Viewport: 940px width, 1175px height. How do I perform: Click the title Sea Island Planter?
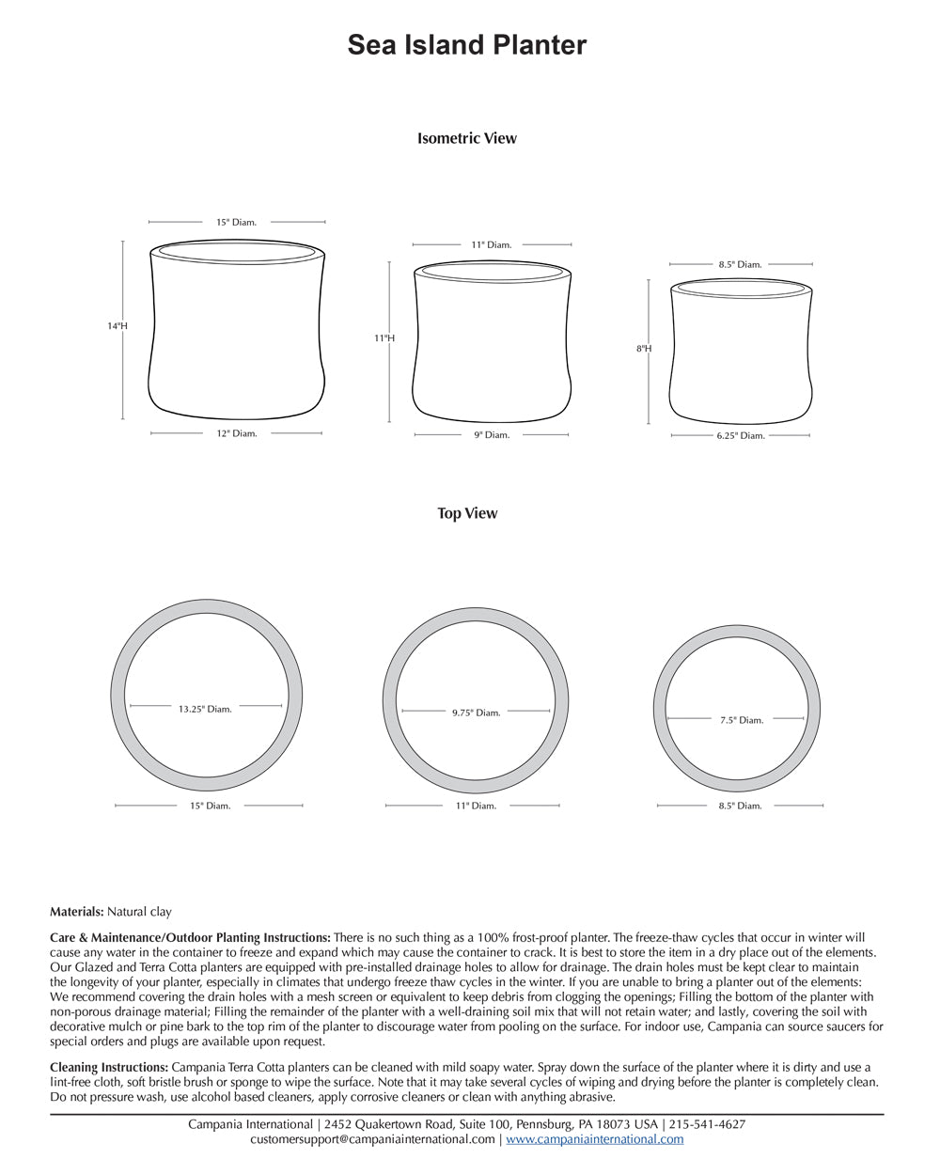pos(467,45)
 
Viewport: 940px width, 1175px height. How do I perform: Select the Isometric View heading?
pos(467,138)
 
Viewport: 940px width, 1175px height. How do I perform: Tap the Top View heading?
pos(467,513)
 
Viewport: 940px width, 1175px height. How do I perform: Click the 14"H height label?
pos(117,326)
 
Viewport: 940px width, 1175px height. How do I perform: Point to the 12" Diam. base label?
pos(236,433)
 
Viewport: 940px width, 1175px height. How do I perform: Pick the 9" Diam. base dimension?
pos(491,435)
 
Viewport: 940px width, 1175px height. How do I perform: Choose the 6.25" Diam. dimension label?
pos(740,436)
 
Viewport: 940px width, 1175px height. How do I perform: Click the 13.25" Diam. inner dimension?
pos(205,709)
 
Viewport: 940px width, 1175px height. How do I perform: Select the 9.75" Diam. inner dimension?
pos(476,713)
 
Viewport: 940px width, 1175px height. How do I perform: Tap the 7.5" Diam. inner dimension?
pos(742,720)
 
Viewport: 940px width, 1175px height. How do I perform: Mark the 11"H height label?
pos(384,337)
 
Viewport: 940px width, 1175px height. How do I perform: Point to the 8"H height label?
pos(644,349)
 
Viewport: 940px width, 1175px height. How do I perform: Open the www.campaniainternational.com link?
pos(595,1139)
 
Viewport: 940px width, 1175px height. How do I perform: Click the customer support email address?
pos(372,1139)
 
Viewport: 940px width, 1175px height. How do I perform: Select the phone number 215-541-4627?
pos(707,1124)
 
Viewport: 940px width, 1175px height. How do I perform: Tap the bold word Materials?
pos(76,912)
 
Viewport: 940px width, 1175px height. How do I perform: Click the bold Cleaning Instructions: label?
pos(109,1067)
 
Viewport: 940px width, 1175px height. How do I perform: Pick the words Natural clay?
pos(139,912)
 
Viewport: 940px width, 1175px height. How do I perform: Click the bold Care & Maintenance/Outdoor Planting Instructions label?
pos(190,937)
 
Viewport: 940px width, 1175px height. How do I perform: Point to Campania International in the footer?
pos(250,1124)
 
